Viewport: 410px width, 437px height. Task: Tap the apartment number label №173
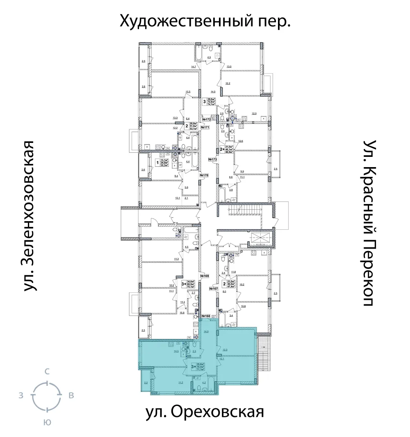(x=212, y=159)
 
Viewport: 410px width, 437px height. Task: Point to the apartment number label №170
(x=204, y=175)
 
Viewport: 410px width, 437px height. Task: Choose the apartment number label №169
(x=205, y=276)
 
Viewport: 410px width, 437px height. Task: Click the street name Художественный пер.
(x=205, y=21)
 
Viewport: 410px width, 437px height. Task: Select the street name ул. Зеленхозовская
(x=28, y=216)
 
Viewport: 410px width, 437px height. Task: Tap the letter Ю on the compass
(x=47, y=422)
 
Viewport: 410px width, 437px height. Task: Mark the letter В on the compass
(x=71, y=396)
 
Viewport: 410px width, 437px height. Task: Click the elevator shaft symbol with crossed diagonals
(x=259, y=239)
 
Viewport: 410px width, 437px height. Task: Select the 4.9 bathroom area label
(x=209, y=58)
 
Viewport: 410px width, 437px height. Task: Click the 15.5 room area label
(x=188, y=92)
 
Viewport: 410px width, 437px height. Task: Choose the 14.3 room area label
(x=176, y=351)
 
